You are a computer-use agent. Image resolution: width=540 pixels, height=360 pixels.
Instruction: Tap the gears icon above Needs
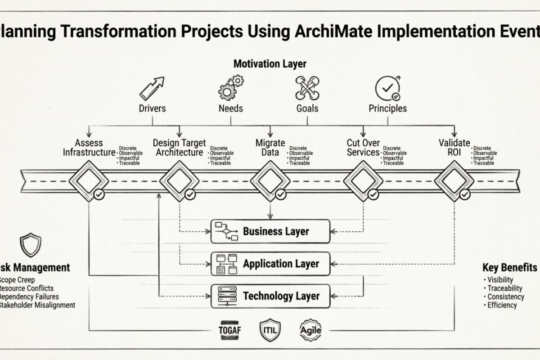(x=231, y=87)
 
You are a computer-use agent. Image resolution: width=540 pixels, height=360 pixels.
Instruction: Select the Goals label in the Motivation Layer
(x=307, y=108)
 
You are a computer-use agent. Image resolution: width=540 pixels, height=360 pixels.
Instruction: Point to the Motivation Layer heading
(x=270, y=64)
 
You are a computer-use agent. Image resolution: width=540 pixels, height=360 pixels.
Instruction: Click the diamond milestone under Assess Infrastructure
(x=89, y=181)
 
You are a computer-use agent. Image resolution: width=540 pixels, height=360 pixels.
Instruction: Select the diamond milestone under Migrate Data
(x=270, y=181)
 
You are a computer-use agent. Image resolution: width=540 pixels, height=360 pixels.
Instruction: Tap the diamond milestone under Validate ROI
(x=454, y=181)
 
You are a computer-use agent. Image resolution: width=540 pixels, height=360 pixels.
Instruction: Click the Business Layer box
(x=270, y=231)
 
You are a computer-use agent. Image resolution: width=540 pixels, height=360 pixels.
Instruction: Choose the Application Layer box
(x=270, y=264)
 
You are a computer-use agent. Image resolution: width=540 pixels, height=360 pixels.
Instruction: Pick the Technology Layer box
(x=270, y=296)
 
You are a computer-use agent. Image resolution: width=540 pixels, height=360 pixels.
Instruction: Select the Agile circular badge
(x=310, y=330)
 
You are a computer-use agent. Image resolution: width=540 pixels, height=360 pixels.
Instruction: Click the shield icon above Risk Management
(x=31, y=244)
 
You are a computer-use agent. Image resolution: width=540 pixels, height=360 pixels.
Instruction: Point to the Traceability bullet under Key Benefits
(x=504, y=288)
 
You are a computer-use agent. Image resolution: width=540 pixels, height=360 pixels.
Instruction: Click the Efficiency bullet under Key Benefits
(x=502, y=305)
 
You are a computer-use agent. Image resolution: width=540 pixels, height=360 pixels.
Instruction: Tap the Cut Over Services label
(x=363, y=148)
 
